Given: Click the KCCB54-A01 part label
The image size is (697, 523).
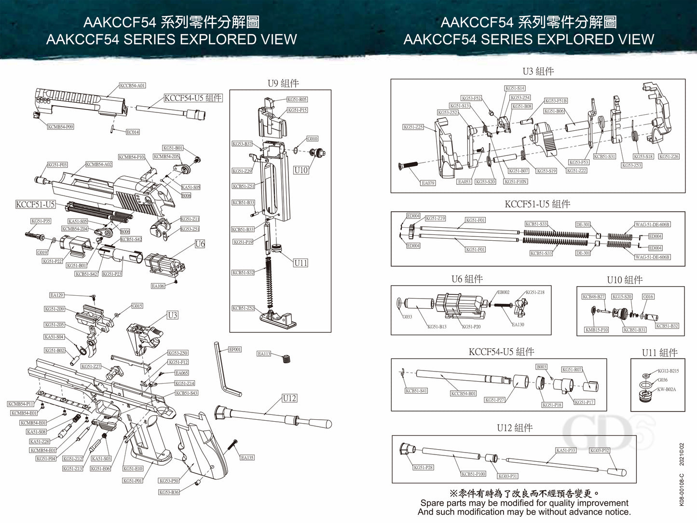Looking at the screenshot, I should (132, 85).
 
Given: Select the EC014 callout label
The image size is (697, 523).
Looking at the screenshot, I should (133, 132).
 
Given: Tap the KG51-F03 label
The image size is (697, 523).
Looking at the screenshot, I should (57, 165).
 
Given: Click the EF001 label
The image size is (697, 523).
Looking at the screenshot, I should (235, 349).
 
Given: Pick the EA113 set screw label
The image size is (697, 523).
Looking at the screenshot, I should (264, 354).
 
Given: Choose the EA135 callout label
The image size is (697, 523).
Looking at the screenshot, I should (247, 458).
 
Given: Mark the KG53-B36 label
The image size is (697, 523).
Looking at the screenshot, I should (169, 492).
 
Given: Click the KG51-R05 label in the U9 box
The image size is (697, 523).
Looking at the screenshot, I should (297, 99).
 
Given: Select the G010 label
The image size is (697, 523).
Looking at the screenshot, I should (313, 139).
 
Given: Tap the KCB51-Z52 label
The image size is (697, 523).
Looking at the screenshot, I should (243, 308).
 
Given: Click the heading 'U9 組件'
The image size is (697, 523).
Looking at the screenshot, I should (283, 83).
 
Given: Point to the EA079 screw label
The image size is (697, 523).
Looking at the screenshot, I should (428, 183).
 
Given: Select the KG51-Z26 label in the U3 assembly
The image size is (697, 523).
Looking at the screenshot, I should (669, 156).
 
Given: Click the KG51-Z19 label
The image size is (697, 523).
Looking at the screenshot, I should (436, 219).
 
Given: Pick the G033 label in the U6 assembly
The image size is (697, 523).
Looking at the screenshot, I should (407, 317).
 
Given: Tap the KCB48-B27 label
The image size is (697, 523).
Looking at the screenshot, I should (593, 297).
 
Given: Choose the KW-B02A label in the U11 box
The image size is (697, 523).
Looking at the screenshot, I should (667, 389).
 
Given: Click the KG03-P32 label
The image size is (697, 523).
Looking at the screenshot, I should (600, 451).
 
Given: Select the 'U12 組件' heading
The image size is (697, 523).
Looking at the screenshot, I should (515, 428).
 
